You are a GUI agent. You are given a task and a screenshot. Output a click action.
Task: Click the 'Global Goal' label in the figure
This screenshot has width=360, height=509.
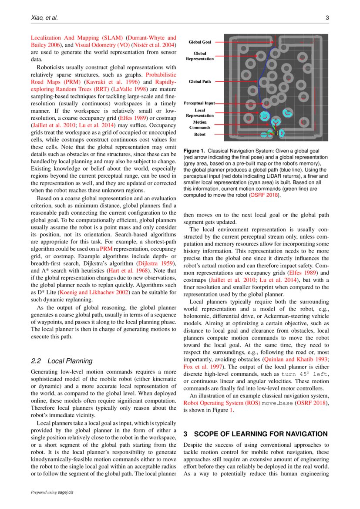200,42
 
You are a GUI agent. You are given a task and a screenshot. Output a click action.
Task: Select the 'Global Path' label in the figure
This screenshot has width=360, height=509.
200,81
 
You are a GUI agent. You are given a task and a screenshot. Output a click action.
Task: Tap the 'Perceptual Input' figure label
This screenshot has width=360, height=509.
199,103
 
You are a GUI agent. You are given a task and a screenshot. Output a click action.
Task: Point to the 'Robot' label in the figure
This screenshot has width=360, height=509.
200,135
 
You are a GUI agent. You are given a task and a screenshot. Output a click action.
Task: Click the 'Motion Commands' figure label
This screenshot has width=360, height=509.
200,125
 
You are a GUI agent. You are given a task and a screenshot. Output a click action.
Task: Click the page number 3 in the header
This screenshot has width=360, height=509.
326,18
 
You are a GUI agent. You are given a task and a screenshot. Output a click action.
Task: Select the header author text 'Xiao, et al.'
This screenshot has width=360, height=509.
44,18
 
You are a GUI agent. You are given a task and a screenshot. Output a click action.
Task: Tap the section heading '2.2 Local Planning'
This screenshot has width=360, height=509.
62,361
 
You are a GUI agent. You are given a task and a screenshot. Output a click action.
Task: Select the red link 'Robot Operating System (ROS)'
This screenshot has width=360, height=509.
221,403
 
